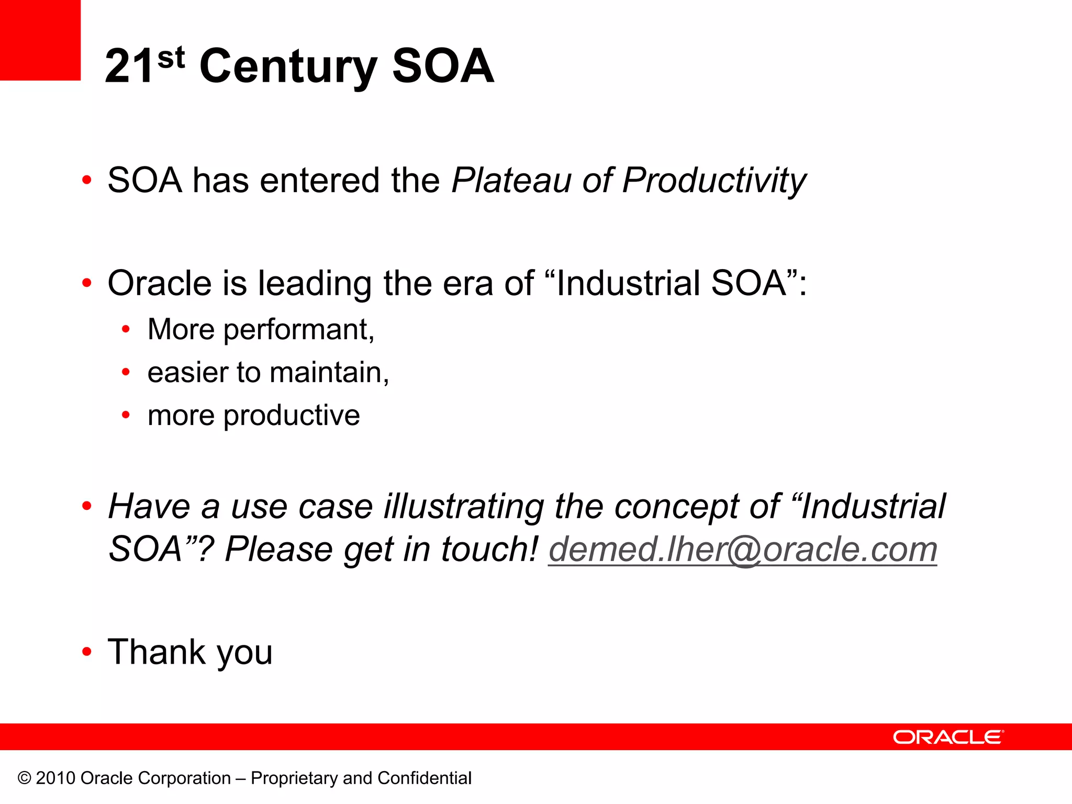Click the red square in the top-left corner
pos(40,40)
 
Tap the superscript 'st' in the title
pos(171,58)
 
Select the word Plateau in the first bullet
pos(511,181)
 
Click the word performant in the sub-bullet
pos(299,330)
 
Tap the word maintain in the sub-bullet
pos(329,373)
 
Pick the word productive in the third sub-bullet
pos(292,416)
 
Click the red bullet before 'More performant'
pos(126,330)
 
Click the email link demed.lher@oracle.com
pos(742,550)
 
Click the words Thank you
pos(190,653)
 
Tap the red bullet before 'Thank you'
pos(87,652)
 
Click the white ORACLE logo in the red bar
pos(948,737)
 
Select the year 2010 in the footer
pos(55,778)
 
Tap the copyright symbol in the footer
pos(25,778)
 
